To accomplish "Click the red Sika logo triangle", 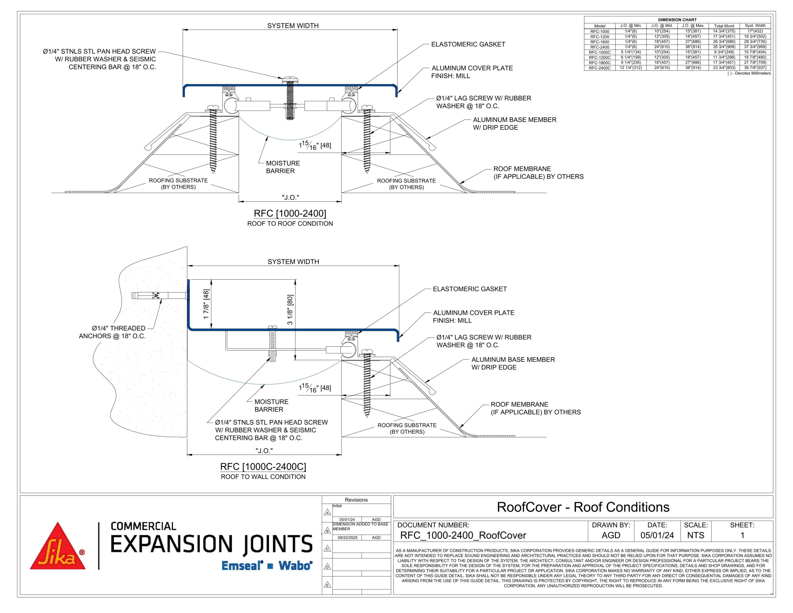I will tap(58, 548).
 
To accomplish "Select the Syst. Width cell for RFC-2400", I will tap(755, 47).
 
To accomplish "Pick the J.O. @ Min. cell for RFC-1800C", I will tap(631, 63).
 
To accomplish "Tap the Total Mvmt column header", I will tap(724, 26).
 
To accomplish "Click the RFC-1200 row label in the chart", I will tap(599, 37).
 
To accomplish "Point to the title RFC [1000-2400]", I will tap(290, 213).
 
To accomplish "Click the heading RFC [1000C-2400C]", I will tap(263, 467).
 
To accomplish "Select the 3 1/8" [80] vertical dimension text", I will tap(290, 309).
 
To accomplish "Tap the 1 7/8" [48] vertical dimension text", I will tap(206, 304).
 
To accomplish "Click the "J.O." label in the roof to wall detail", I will tap(264, 451).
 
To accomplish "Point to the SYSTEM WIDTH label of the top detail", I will tap(293, 26).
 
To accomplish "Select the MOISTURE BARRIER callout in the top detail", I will tap(283, 167).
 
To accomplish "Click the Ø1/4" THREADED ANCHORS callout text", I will tap(112, 332).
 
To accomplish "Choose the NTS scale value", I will tap(696, 535).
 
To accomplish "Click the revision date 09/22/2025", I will tap(348, 537).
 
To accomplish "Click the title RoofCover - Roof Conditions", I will tap(583, 507).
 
